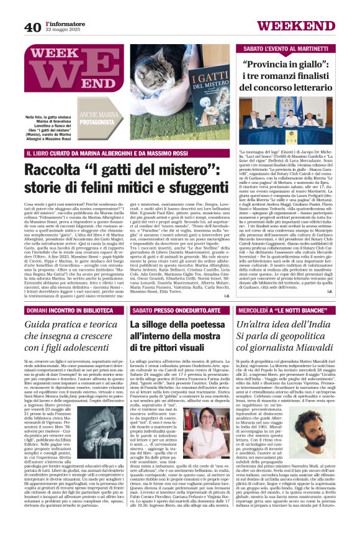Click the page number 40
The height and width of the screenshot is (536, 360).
point(32,27)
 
